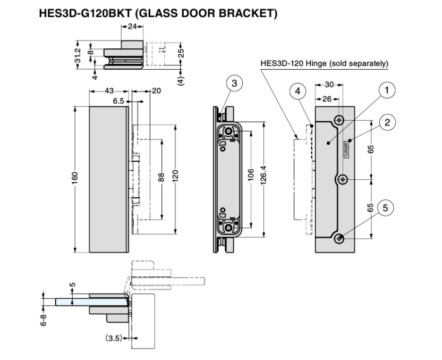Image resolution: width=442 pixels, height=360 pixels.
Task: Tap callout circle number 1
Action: (387, 90)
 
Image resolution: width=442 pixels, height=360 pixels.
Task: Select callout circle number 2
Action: (387, 123)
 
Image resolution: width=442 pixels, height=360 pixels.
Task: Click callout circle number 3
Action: (234, 83)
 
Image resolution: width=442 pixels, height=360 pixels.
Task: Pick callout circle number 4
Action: (298, 91)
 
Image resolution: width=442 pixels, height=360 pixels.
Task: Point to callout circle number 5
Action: (386, 207)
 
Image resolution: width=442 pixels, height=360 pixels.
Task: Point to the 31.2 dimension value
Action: (78, 54)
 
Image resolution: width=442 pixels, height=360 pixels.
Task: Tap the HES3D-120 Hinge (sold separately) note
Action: (324, 64)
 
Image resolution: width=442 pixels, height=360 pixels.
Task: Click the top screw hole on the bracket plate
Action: (339, 118)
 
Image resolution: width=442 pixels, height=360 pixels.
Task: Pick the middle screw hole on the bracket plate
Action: (343, 180)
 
